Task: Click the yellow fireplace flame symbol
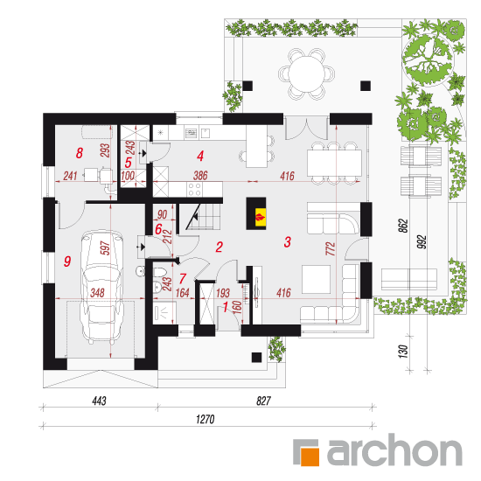[x=261, y=217]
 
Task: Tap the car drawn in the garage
[x=101, y=287]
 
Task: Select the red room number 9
[x=67, y=261]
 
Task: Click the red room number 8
[x=79, y=152]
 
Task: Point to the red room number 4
[x=200, y=156]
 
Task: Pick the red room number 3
[x=287, y=241]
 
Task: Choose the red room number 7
[x=183, y=278]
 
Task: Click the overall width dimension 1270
[x=205, y=419]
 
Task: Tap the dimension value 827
[x=263, y=401]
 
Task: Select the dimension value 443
[x=99, y=401]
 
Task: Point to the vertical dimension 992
[x=422, y=241]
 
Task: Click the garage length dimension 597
[x=105, y=247]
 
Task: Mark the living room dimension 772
[x=331, y=248]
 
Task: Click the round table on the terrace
[x=306, y=73]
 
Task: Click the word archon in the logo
[x=394, y=450]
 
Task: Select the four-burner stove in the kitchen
[x=194, y=189]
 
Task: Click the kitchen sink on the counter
[x=192, y=133]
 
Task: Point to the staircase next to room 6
[x=203, y=217]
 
